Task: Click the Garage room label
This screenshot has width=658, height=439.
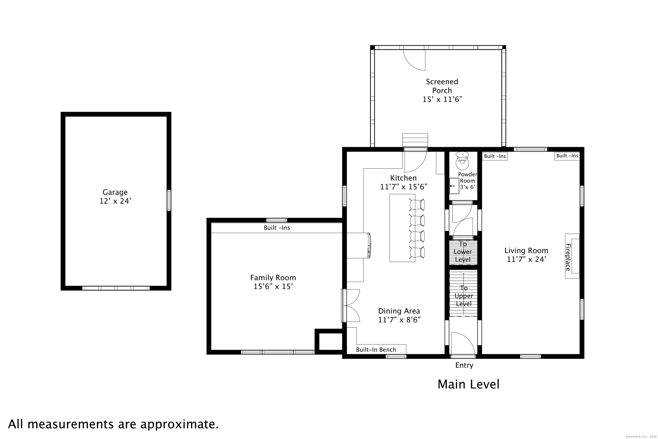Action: (115, 192)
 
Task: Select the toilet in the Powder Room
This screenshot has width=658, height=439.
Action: (462, 161)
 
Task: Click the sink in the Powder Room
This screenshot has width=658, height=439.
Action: (454, 186)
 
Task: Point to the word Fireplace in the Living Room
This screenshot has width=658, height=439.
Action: (568, 257)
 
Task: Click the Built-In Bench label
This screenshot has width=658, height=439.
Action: (376, 350)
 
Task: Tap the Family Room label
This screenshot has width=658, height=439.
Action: (273, 278)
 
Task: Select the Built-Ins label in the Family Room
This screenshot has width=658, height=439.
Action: (277, 228)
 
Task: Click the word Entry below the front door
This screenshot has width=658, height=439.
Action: (464, 365)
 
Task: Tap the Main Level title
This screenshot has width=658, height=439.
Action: (469, 384)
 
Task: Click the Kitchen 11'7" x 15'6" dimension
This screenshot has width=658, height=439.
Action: (404, 187)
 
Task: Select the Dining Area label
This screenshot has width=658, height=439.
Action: (399, 311)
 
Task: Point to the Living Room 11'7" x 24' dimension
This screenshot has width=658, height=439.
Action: (526, 260)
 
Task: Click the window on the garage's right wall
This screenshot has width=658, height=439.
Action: (169, 200)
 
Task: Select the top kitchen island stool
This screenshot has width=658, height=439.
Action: (417, 204)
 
